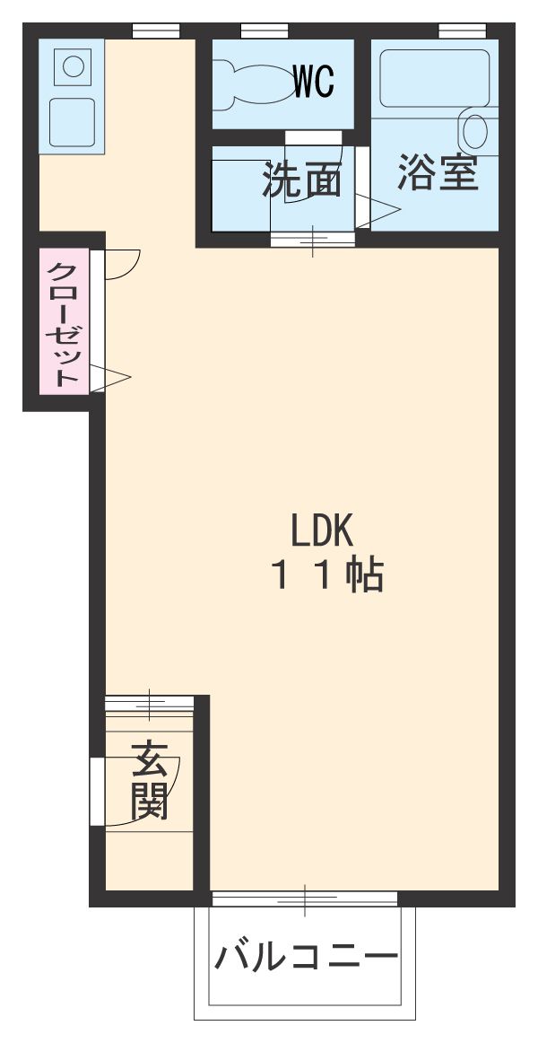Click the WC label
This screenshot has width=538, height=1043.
314,83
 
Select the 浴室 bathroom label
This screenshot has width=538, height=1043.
438,172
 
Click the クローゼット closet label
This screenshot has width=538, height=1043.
63,323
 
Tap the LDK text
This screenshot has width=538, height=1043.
323,532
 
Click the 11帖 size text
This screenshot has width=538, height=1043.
328,575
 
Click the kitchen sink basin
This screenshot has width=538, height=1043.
71,122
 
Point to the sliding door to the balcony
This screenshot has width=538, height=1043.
304,898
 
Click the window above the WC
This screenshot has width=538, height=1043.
257,31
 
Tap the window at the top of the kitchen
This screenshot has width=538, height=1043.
156,31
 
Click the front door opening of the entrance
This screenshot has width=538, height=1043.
96,791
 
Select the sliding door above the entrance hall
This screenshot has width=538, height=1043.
149,702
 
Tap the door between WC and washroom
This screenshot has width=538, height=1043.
313,137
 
